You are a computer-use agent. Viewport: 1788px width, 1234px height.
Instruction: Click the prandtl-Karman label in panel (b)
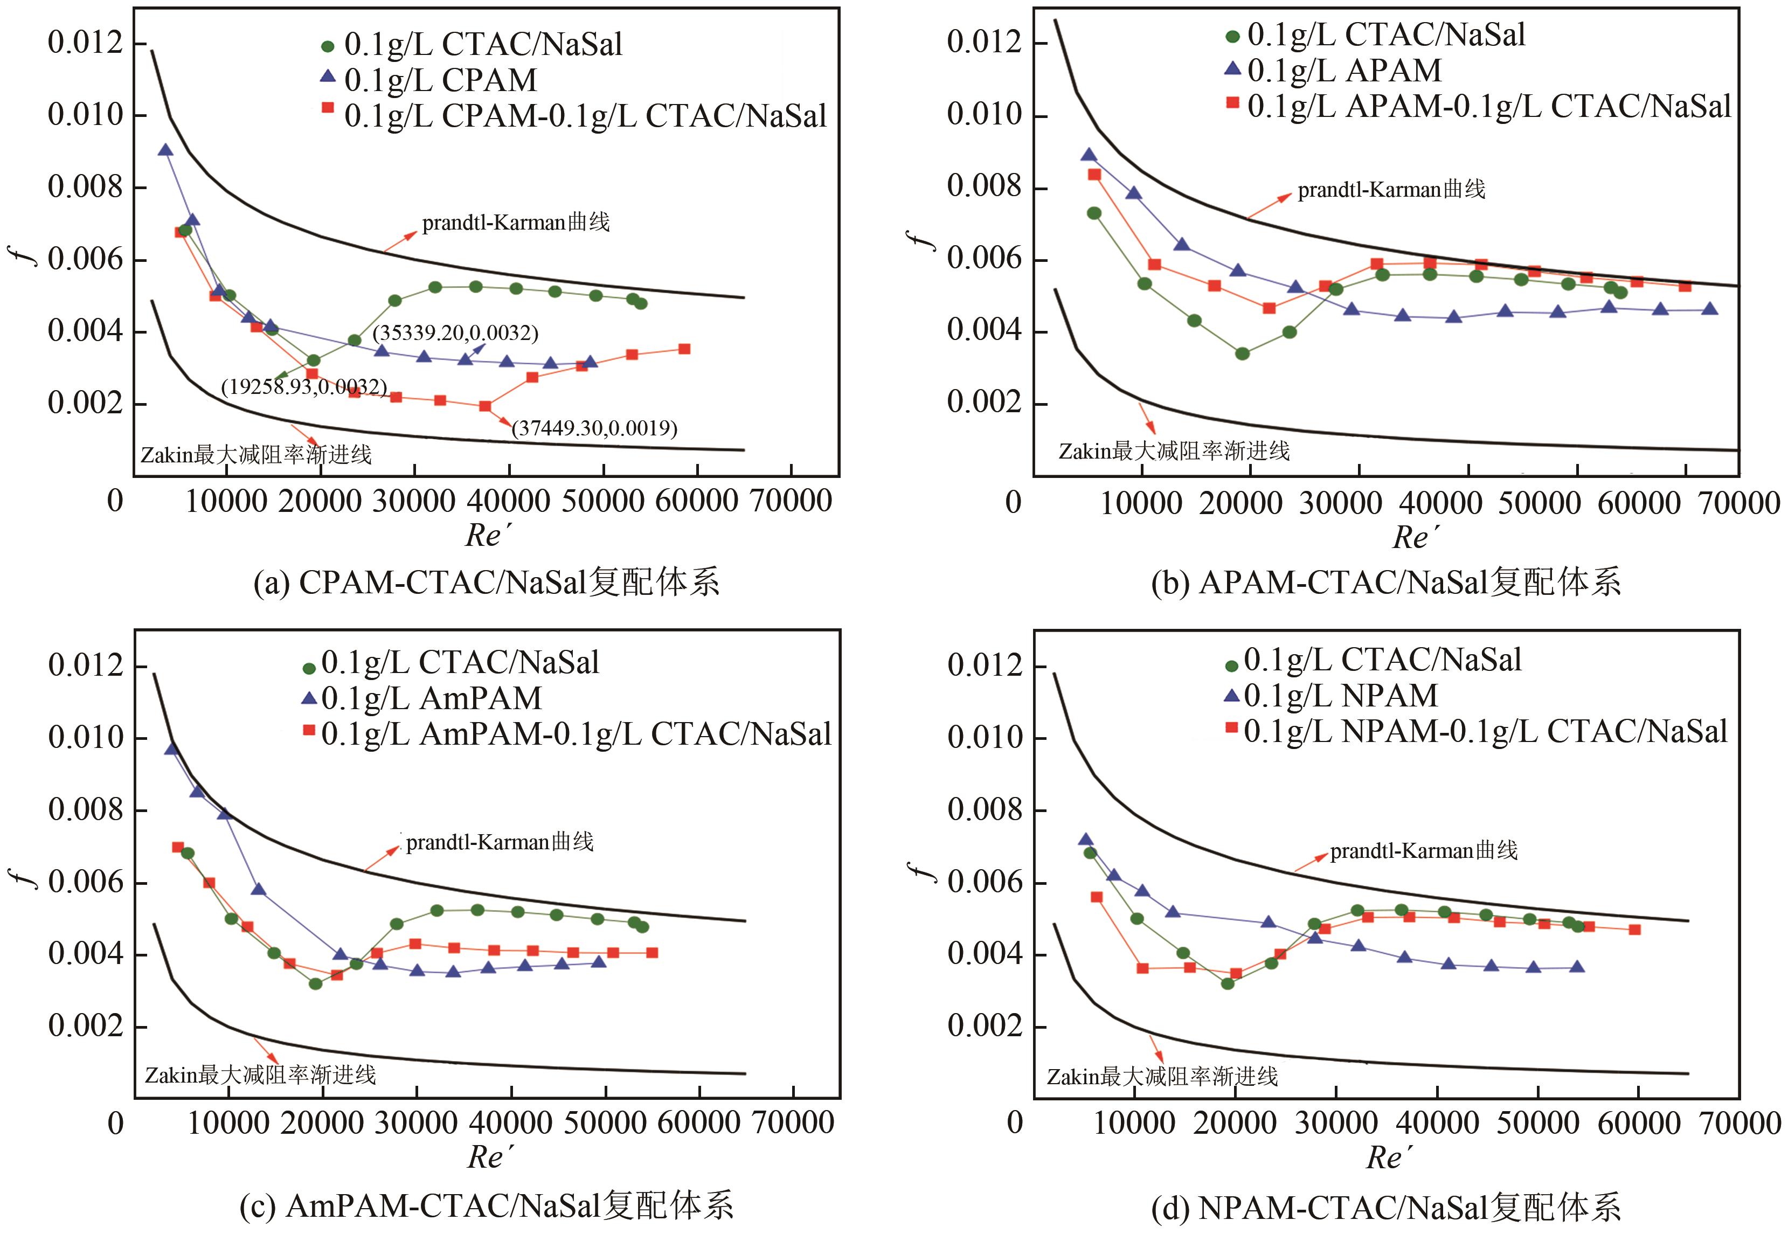1391,190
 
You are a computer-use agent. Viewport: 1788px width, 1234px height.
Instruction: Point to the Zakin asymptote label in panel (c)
260,1076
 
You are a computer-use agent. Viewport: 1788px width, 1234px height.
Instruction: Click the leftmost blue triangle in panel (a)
165,150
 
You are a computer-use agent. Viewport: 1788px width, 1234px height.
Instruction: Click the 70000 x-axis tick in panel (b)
1740,503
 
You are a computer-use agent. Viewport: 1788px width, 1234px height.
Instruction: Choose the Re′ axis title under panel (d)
1388,1157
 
